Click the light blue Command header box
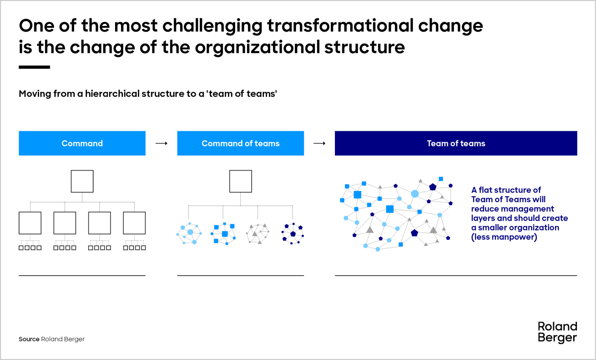click(82, 143)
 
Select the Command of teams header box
click(241, 143)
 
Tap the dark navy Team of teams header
click(456, 143)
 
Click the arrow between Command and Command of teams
click(162, 143)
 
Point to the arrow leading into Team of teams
click(319, 143)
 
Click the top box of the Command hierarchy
click(82, 181)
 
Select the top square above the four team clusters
click(241, 181)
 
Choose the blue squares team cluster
click(223, 233)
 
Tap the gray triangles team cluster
click(257, 233)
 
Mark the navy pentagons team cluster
click(293, 233)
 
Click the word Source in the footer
click(29, 339)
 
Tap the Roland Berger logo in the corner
click(557, 332)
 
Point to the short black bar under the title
click(34, 67)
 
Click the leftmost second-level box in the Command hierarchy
click(30, 223)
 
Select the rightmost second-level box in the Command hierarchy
click(134, 223)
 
